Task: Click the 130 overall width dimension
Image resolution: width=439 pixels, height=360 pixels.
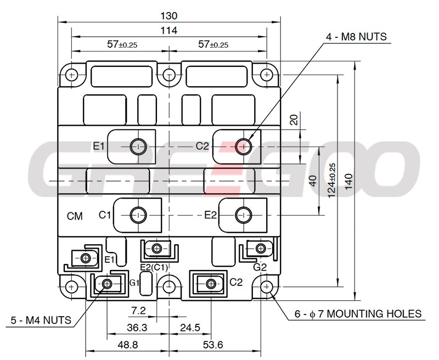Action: coord(169,16)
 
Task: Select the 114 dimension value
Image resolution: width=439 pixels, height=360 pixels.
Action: coord(169,30)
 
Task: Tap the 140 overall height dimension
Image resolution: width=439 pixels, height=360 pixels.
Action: coord(349,182)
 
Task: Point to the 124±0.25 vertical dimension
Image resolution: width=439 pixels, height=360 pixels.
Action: coord(332,181)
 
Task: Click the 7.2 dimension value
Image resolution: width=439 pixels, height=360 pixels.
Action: coord(139,311)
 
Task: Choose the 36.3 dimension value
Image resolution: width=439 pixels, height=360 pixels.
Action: coord(137,327)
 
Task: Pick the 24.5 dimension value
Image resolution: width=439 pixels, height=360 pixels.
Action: coord(190,327)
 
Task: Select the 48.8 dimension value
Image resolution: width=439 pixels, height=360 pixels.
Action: coord(128,345)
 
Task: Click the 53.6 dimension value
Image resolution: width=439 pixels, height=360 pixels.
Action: coord(213,345)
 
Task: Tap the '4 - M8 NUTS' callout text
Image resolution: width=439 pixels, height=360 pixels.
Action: coord(356,37)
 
